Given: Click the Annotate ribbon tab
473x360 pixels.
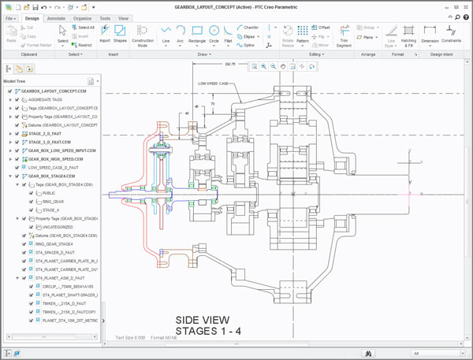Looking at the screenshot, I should (x=56, y=17).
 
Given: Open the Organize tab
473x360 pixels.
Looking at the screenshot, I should (x=83, y=17).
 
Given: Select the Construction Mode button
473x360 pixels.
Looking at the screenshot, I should (x=143, y=34).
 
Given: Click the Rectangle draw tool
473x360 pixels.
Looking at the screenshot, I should (x=197, y=34).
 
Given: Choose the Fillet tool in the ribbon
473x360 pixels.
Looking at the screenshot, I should (x=229, y=33).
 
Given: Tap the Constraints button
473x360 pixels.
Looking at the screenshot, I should (x=452, y=34).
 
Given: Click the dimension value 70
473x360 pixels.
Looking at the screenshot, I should (x=212, y=103).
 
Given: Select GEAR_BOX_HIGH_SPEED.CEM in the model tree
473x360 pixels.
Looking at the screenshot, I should (x=61, y=158).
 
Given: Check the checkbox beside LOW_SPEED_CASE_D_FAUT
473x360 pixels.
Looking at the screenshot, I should (x=17, y=167).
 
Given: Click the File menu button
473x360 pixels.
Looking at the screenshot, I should (x=11, y=17).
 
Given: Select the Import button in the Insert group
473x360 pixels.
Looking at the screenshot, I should (x=105, y=34).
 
